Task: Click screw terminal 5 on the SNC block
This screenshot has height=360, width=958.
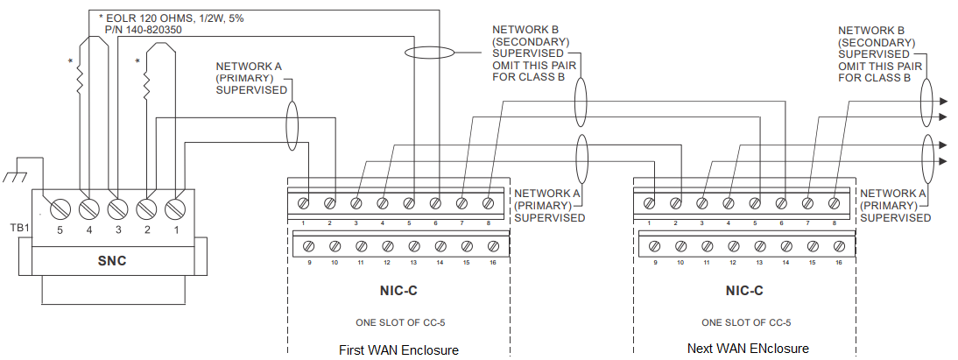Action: pyautogui.click(x=61, y=208)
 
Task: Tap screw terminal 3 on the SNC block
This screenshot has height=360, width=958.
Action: pyautogui.click(x=116, y=208)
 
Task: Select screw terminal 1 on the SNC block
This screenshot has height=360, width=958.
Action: pyautogui.click(x=173, y=208)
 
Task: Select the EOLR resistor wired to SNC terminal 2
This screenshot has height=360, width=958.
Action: pyautogui.click(x=147, y=81)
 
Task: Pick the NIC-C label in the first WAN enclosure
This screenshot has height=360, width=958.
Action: pyautogui.click(x=398, y=290)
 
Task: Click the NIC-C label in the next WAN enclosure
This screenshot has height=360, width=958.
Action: pyautogui.click(x=744, y=290)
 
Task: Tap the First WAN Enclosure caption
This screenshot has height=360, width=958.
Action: pyautogui.click(x=398, y=350)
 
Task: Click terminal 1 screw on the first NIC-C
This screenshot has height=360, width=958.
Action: pyautogui.click(x=303, y=203)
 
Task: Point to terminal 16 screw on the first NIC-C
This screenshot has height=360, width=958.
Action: pyautogui.click(x=492, y=246)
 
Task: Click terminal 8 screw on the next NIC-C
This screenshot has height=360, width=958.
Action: pyautogui.click(x=833, y=203)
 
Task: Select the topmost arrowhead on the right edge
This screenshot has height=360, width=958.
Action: pyautogui.click(x=943, y=101)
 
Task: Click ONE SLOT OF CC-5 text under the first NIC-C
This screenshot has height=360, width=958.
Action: pyautogui.click(x=398, y=322)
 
